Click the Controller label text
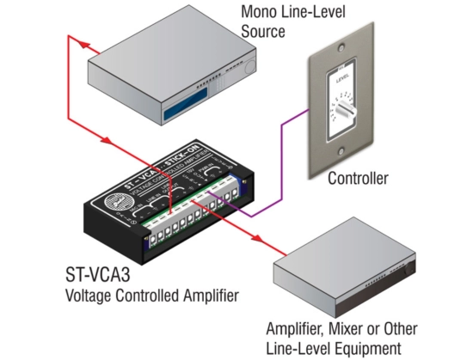(x=359, y=179)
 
